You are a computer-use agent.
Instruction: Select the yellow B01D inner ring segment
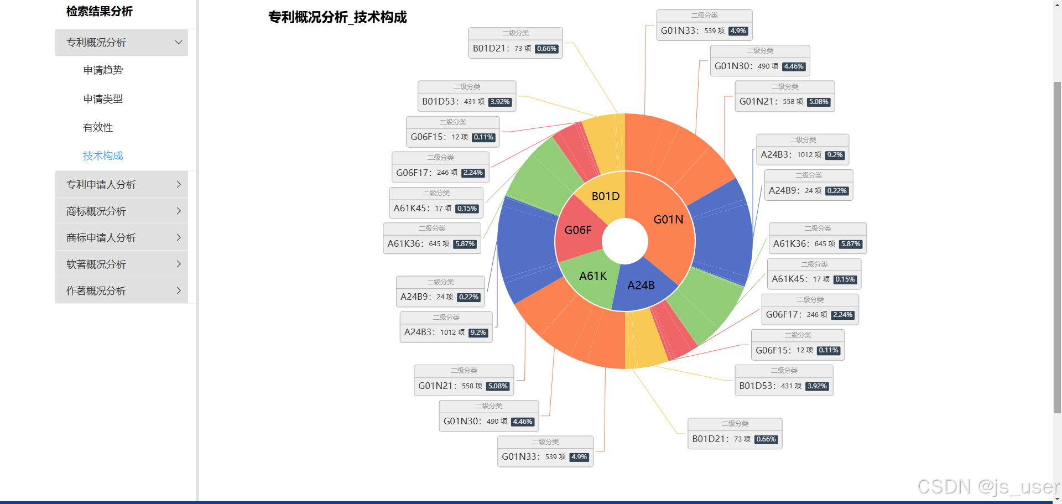tap(605, 197)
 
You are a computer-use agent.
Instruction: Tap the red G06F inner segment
tap(578, 230)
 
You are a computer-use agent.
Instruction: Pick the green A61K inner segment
tap(593, 276)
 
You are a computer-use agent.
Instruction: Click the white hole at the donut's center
tap(625, 241)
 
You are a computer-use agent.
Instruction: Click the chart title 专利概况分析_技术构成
tap(337, 17)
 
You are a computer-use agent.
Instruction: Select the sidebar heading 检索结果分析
tap(100, 11)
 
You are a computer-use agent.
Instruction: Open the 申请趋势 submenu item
tap(103, 70)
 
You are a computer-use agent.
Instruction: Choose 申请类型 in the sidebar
tap(103, 99)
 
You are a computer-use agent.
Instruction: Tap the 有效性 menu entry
tap(98, 128)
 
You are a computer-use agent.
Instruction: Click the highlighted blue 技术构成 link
tap(103, 156)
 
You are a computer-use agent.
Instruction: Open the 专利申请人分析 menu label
tap(101, 185)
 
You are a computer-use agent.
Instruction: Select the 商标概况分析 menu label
tap(96, 211)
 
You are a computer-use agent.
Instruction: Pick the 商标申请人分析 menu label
tap(101, 238)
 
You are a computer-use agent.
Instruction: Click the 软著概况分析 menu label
tap(96, 264)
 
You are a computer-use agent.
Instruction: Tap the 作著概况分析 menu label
tap(96, 291)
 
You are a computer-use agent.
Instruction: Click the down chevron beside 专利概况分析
tap(179, 43)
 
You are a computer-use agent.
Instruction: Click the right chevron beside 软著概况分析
tap(179, 264)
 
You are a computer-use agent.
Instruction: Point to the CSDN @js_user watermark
tap(988, 487)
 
